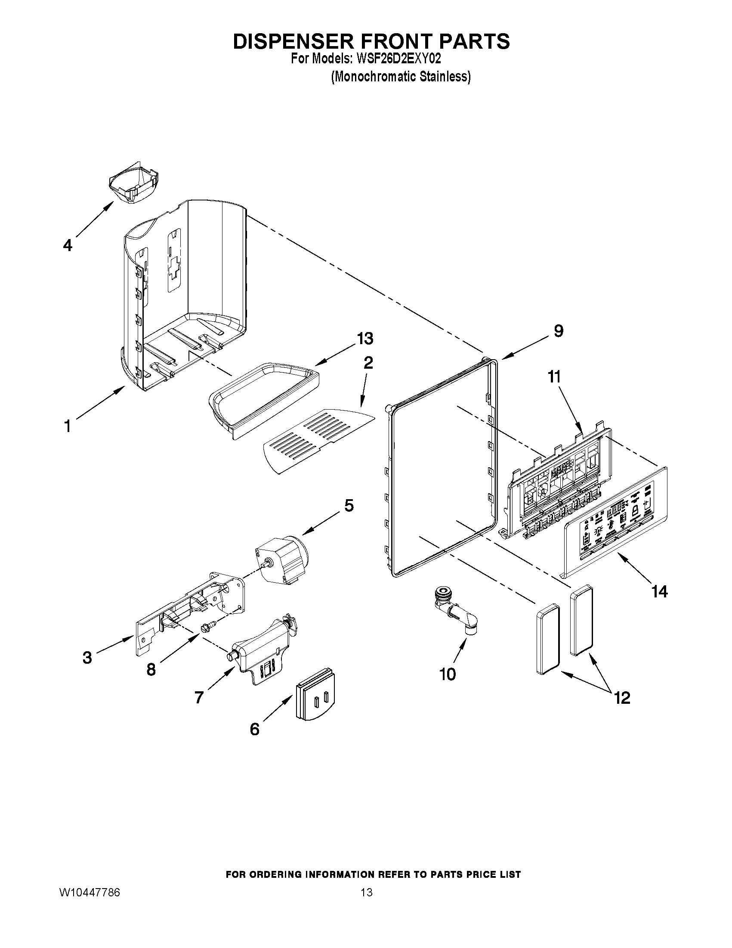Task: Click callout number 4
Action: click(x=67, y=246)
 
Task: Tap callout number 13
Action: click(x=364, y=339)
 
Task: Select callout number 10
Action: click(x=448, y=674)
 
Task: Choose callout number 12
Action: click(x=622, y=698)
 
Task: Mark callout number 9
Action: click(x=559, y=331)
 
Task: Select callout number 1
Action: click(x=67, y=426)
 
